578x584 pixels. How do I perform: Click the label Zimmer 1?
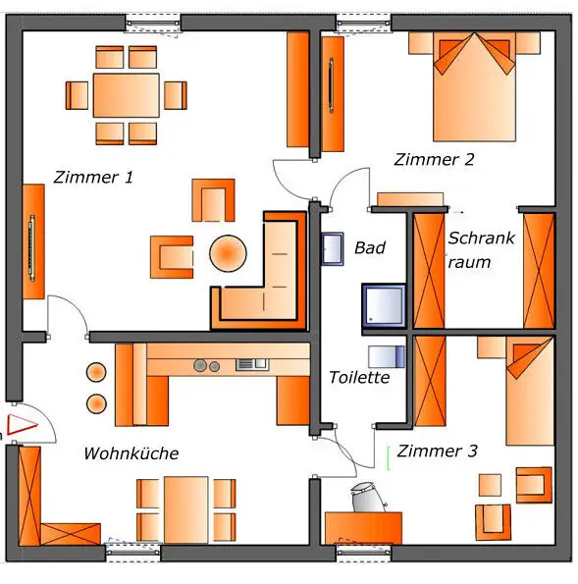click(93, 177)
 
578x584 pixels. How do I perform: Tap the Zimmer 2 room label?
click(435, 159)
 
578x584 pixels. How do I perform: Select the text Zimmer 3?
click(438, 451)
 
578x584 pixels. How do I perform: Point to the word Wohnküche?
click(131, 453)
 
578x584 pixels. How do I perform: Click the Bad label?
click(370, 247)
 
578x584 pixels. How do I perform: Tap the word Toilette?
click(360, 377)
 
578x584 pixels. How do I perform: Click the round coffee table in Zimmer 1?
click(228, 253)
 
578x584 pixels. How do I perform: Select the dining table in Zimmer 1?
click(127, 95)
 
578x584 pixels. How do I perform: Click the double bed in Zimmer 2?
click(474, 86)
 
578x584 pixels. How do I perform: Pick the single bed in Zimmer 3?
click(530, 391)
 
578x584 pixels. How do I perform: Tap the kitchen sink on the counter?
click(252, 364)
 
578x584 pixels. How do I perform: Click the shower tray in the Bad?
click(384, 305)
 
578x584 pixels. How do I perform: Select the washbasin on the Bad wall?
click(333, 248)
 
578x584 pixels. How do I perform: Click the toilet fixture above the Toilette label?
click(387, 356)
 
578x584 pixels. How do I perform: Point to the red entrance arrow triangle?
click(22, 425)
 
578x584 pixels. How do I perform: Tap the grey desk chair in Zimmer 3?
click(366, 497)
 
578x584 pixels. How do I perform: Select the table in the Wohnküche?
click(185, 509)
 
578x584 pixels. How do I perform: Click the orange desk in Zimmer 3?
click(363, 528)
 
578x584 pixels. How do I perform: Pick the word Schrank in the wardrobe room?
click(481, 238)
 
